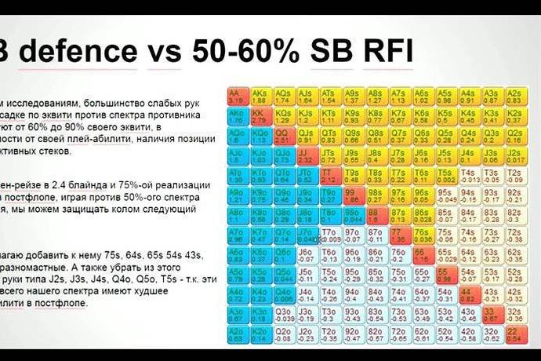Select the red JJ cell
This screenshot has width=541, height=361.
tap(306, 154)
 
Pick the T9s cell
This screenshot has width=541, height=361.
tap(352, 173)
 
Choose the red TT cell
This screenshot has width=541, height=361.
tap(329, 173)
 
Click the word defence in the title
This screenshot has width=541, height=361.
tap(79, 53)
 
